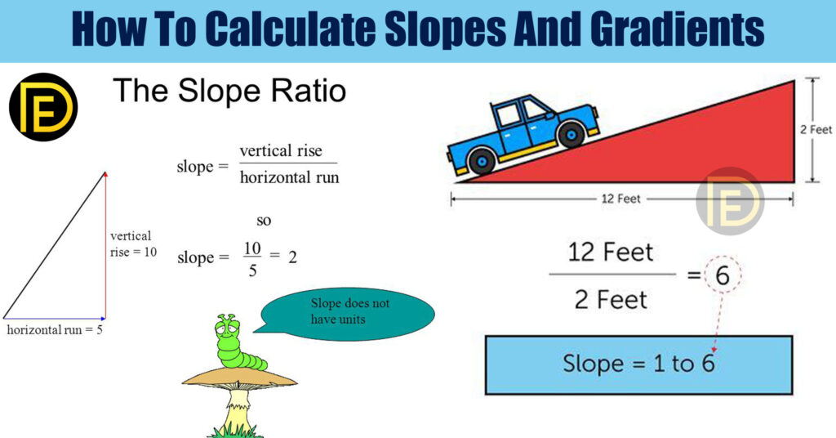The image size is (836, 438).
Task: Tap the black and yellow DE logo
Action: click(44, 107)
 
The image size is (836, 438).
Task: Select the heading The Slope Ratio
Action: click(229, 91)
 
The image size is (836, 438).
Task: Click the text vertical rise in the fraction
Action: click(281, 151)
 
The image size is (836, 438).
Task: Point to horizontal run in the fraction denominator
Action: click(290, 177)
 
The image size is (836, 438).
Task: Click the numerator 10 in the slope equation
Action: click(252, 248)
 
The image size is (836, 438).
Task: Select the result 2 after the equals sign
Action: click(293, 257)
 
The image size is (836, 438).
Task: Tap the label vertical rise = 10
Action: click(133, 244)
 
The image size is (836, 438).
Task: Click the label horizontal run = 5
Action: click(55, 329)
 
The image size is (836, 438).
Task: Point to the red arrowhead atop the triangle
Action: click(105, 174)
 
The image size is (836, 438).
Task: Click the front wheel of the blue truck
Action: click(571, 134)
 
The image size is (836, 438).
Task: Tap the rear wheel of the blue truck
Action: click(482, 161)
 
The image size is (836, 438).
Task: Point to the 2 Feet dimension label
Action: click(816, 130)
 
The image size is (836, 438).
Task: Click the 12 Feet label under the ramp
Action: click(621, 199)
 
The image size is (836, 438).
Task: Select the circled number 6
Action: click(723, 275)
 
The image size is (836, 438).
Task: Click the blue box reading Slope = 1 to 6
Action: click(638, 365)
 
